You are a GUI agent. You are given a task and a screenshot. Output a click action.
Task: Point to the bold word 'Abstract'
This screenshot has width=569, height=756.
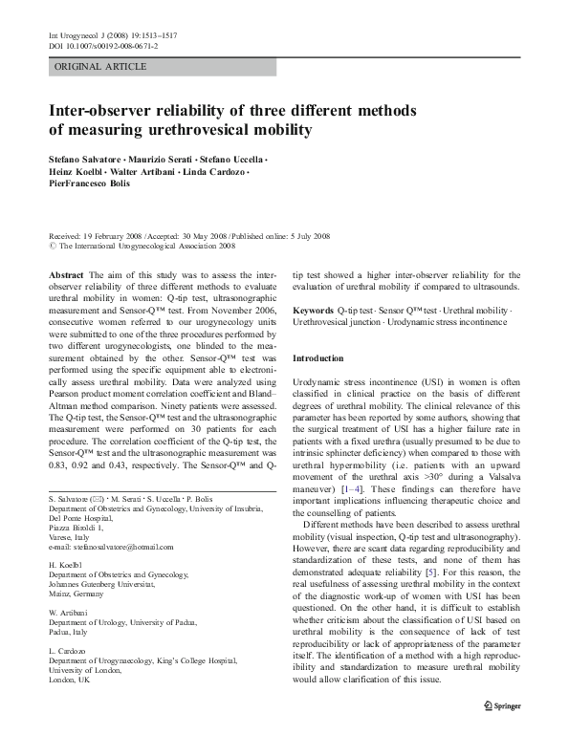point(64,273)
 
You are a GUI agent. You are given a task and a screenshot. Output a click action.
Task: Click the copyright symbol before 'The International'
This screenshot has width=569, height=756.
point(53,245)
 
